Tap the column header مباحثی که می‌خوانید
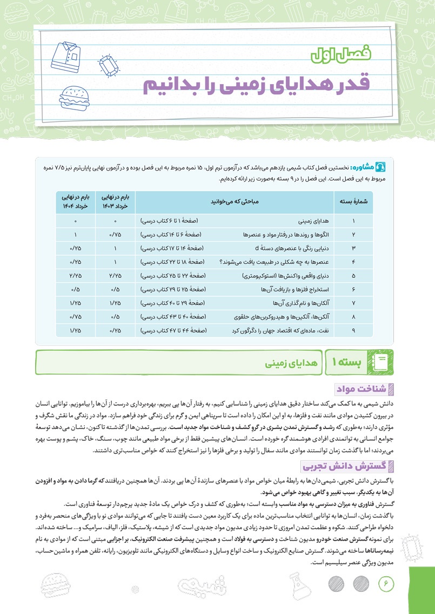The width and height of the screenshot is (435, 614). tap(235, 201)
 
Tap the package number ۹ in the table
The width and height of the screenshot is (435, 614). tap(353, 330)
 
